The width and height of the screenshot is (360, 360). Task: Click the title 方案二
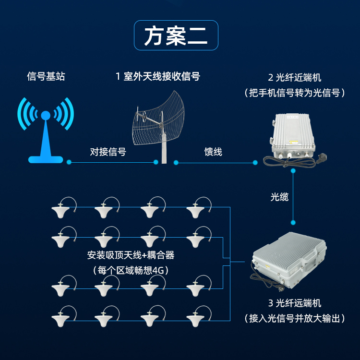pos(176,35)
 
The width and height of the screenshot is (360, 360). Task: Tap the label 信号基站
pos(46,76)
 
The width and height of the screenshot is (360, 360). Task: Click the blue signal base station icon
pos(46,130)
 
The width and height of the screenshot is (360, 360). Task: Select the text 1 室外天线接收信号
pos(157,76)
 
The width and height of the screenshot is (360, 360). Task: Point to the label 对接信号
pos(108,152)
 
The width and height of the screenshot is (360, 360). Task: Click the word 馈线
pos(213,152)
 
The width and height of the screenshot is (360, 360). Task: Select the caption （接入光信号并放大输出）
pos(295,318)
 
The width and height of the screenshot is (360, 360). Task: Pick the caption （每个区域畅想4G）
pos(131,270)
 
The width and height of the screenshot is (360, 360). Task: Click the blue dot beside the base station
pos(69,162)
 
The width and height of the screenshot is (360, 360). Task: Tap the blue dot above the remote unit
pos(293,223)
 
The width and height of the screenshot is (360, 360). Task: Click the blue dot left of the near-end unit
pos(255,163)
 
